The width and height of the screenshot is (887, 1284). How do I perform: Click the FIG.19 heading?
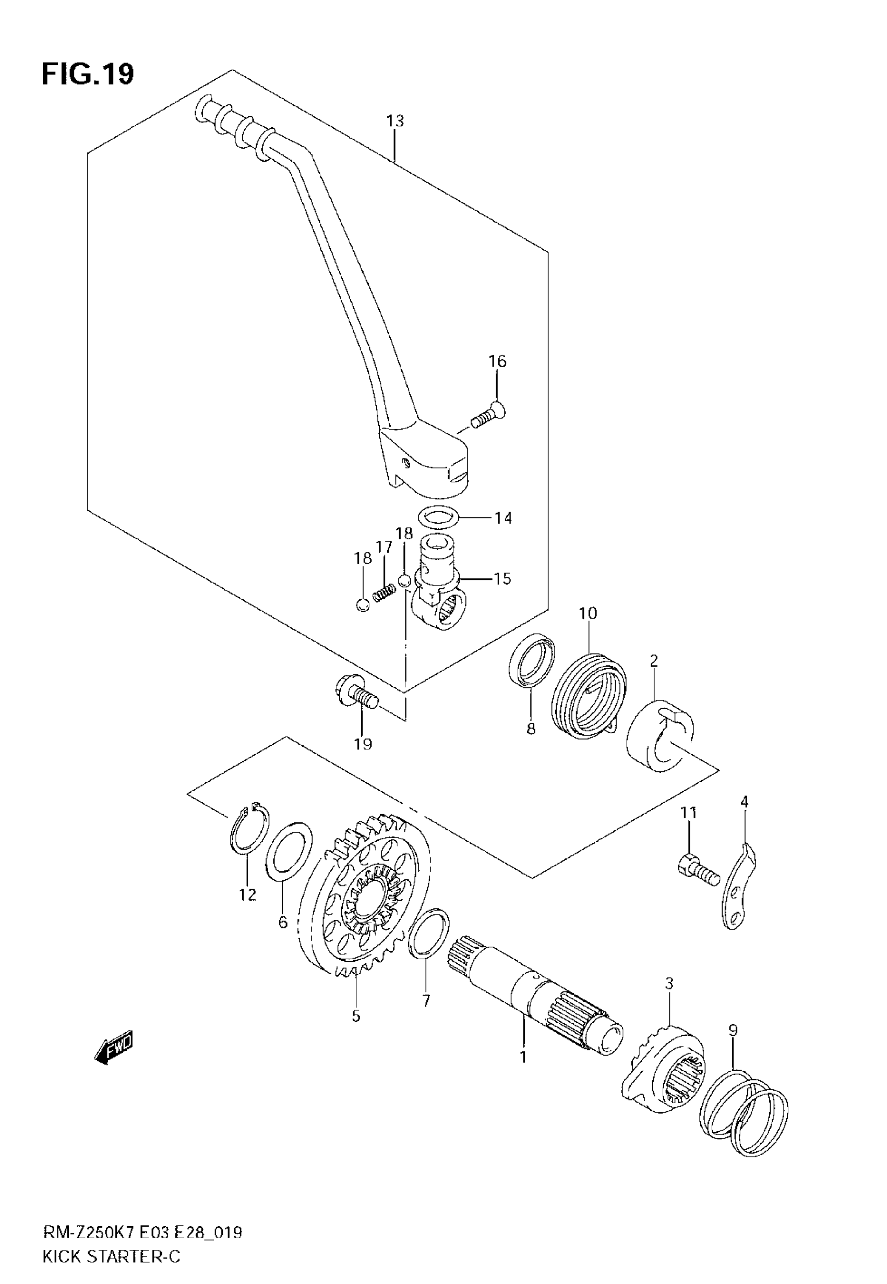pos(88,75)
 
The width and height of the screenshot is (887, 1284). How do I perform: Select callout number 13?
pos(395,120)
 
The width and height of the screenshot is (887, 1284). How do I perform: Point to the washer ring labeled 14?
pos(438,517)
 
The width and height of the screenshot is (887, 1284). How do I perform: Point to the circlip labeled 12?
pos(248,830)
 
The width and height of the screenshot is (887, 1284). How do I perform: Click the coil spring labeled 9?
pos(744,1111)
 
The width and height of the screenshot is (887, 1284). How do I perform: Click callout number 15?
pos(502,579)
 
